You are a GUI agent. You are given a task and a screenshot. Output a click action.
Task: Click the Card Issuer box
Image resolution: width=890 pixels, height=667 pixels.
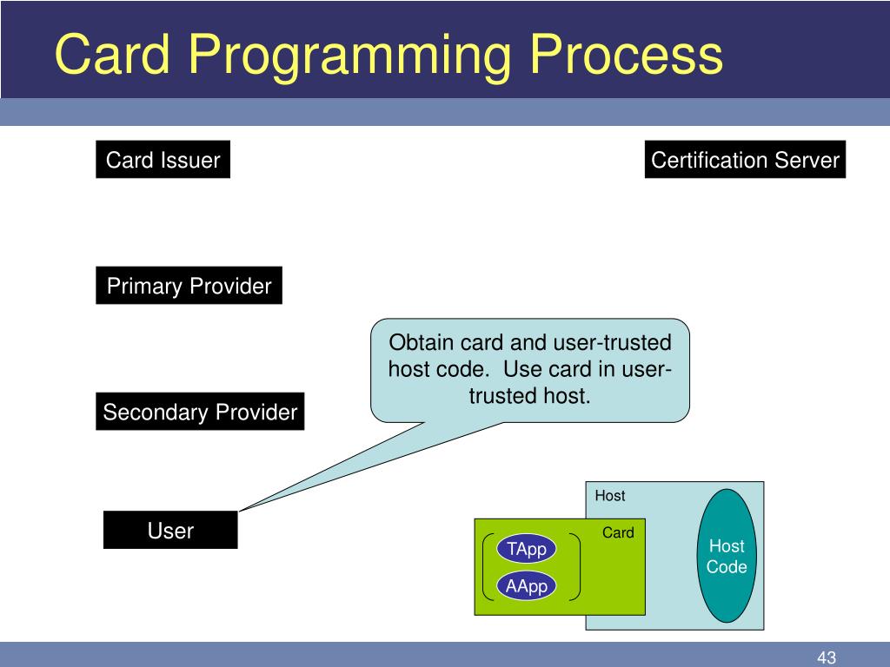[x=163, y=160]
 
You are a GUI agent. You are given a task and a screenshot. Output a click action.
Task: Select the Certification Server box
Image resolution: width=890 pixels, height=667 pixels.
[x=745, y=160]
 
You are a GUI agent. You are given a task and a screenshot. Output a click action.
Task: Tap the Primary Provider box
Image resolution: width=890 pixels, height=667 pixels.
[x=189, y=285]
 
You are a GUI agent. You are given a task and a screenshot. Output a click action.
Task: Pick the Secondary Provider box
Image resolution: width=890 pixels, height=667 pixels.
[x=200, y=411]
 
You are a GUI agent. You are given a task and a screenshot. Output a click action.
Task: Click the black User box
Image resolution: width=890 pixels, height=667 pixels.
[x=170, y=530]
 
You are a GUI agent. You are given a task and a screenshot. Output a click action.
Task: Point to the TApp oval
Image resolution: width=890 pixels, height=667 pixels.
[x=526, y=549]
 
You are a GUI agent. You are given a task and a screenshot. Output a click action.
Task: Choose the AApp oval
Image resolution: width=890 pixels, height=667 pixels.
[x=526, y=585]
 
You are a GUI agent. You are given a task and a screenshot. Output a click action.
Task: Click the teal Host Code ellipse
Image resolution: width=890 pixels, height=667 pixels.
[x=727, y=556]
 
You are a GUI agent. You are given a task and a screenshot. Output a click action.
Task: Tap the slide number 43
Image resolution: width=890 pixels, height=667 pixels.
[x=827, y=657]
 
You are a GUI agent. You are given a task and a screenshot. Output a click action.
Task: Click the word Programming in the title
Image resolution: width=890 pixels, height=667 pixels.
[x=349, y=56]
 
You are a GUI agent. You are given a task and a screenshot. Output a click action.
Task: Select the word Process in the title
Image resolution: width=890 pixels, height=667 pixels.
[x=626, y=54]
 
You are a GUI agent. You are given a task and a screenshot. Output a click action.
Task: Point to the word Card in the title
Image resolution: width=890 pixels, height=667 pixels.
[x=112, y=54]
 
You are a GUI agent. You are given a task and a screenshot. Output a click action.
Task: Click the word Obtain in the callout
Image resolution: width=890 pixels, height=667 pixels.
[x=421, y=342]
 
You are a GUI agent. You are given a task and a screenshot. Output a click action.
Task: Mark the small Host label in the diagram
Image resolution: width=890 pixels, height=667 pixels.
[x=609, y=496]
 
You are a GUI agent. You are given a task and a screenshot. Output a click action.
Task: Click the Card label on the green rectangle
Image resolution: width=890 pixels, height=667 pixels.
[x=618, y=532]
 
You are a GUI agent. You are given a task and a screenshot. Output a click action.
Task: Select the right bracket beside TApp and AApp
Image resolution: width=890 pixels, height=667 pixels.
[x=577, y=566]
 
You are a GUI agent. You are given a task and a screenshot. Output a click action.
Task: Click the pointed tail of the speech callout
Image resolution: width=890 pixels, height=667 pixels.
[x=240, y=511]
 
